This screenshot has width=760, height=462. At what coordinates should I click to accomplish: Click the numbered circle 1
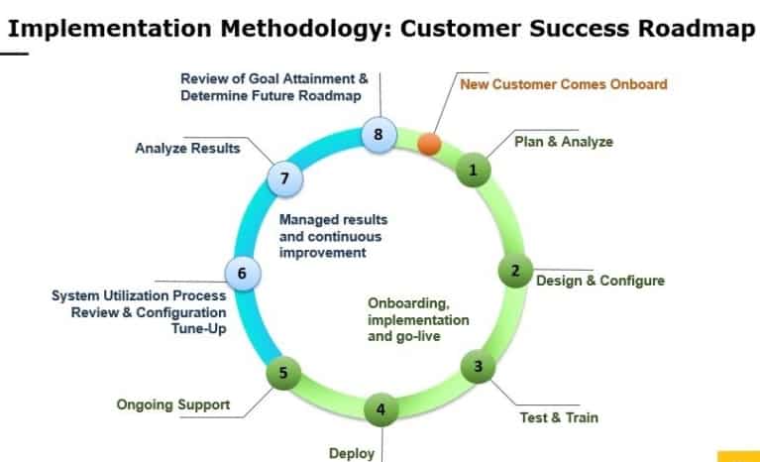[474, 170]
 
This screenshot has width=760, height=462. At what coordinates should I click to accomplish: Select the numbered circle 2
[514, 270]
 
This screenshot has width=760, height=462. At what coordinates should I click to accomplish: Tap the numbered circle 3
[479, 367]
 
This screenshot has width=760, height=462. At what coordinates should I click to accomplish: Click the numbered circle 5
[283, 373]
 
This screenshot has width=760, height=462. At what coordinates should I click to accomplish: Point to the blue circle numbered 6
[243, 272]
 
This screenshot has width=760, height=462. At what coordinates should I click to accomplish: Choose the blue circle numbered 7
[284, 178]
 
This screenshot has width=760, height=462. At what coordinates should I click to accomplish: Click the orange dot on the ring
[429, 144]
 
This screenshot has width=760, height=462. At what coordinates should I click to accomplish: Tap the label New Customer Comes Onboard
[563, 83]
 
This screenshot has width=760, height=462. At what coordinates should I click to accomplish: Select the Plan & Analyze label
[564, 142]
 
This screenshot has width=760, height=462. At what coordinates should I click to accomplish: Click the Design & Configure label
[599, 281]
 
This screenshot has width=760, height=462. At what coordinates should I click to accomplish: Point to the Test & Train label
[559, 417]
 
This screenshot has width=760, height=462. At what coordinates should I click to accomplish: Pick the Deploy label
[352, 453]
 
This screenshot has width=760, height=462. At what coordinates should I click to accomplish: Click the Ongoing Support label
[173, 404]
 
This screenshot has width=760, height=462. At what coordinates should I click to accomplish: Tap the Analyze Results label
[187, 149]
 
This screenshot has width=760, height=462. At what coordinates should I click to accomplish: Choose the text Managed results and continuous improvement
[333, 236]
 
